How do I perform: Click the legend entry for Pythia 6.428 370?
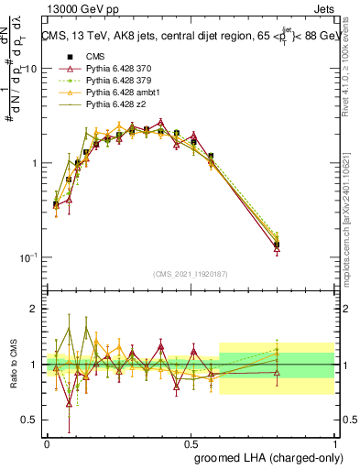pyautogui.click(x=116, y=69)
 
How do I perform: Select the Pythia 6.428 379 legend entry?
pyautogui.click(x=116, y=81)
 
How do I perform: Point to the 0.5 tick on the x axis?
pyautogui.click(x=191, y=442)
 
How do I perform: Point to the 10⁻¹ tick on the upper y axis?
pyautogui.click(x=27, y=257)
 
